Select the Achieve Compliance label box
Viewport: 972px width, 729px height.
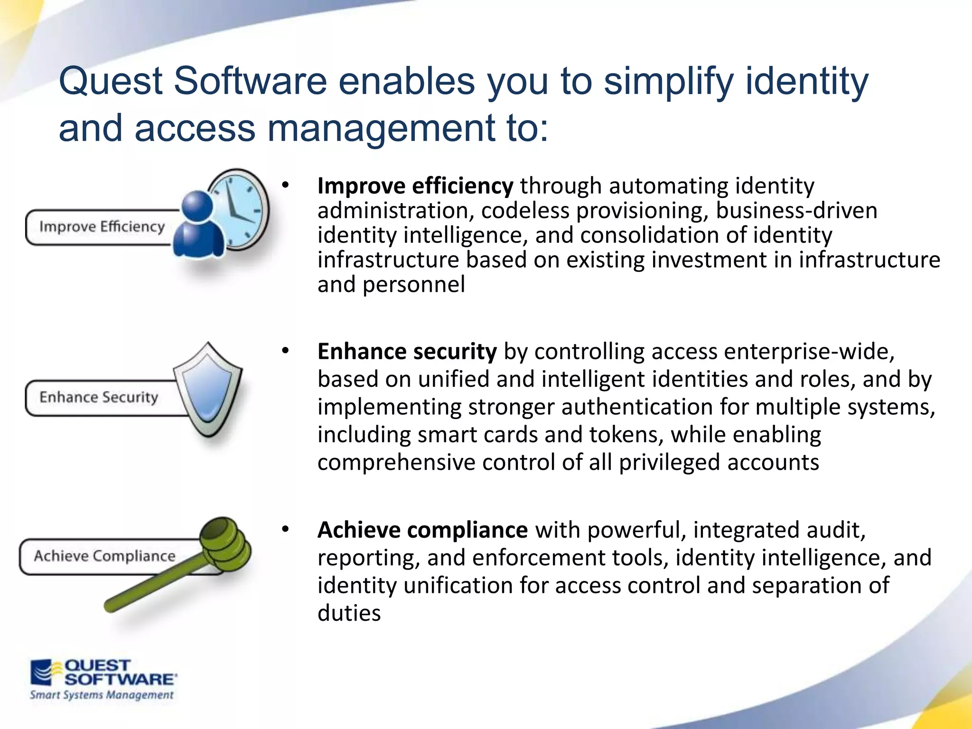tap(104, 556)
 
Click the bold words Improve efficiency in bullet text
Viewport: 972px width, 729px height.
tap(415, 186)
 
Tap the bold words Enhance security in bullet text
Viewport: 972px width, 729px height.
tap(407, 352)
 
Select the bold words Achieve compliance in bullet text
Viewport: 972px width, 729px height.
tap(422, 530)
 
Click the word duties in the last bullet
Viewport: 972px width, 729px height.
tap(349, 613)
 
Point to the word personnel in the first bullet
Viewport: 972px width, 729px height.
tap(413, 285)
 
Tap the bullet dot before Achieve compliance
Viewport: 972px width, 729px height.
tap(285, 529)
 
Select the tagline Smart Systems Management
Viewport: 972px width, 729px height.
tap(102, 695)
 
